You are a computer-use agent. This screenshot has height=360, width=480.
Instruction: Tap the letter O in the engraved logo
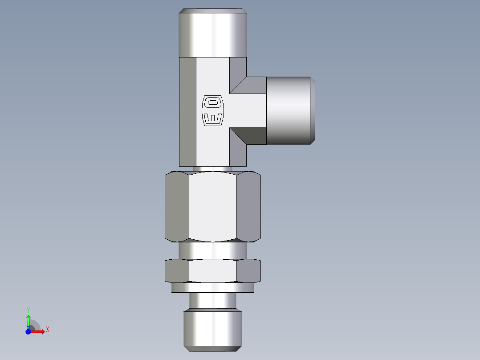tap(213, 102)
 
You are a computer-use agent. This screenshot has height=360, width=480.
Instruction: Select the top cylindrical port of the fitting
tap(213, 33)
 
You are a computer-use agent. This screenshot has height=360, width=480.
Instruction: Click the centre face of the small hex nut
tap(213, 271)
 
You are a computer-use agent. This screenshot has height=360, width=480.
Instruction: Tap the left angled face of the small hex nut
tap(177, 271)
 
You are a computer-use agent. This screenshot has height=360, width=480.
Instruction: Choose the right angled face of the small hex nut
tap(248, 271)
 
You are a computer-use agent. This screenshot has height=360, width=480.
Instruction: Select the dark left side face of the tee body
tap(187, 111)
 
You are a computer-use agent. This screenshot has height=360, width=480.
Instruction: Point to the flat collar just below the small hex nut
tap(213, 288)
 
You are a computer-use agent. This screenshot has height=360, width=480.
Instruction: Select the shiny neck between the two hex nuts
tap(213, 250)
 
